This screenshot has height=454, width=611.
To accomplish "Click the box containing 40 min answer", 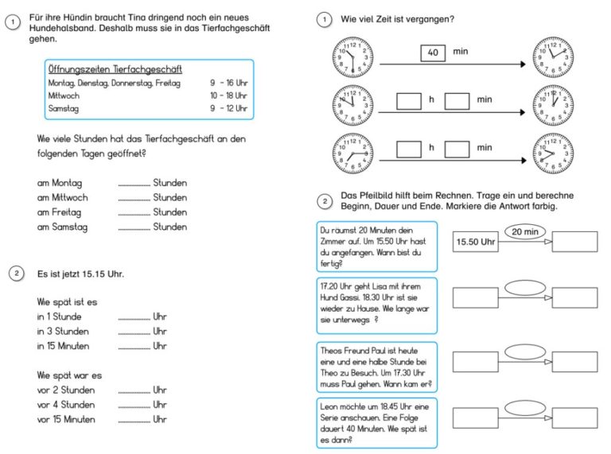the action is pos(433,52).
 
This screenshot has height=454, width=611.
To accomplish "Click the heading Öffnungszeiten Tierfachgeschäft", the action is pos(115,69).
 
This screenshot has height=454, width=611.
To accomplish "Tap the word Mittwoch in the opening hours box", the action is pos(64,95).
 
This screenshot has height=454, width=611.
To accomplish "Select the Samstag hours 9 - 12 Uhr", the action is pos(229,108).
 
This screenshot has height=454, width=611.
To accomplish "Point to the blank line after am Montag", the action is pos(134,185).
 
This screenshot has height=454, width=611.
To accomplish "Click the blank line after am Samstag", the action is pos(134,229).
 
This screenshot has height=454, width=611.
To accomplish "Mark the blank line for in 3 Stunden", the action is pos(134,334).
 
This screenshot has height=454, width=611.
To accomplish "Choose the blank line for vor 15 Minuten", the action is pos(134,421).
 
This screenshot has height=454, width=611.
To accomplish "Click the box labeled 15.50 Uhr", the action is pos(476,242).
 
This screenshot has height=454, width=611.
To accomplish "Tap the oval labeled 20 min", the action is pos(525,231).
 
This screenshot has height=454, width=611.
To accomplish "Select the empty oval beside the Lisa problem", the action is pos(525,288).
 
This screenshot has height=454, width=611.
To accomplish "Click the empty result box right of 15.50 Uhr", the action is pos(574,242).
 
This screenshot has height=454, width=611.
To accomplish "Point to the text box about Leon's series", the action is pos(377,423).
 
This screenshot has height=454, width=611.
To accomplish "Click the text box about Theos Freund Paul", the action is pos(377,367).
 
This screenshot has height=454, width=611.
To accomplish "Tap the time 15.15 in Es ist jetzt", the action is pos(94,274).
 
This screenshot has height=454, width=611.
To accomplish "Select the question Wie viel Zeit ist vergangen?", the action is pos(398,19).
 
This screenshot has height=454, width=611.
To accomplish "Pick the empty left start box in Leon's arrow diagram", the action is pos(476,418).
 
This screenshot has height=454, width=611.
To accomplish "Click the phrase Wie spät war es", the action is pos(69,375).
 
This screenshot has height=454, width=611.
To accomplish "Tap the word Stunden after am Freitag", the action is pos(170,212).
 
